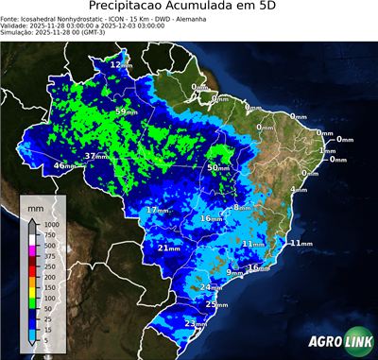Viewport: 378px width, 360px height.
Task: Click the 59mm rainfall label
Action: point(124,112)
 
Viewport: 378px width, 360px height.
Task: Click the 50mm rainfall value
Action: point(217,168)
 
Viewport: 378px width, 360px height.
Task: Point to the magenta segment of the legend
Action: point(31,247)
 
